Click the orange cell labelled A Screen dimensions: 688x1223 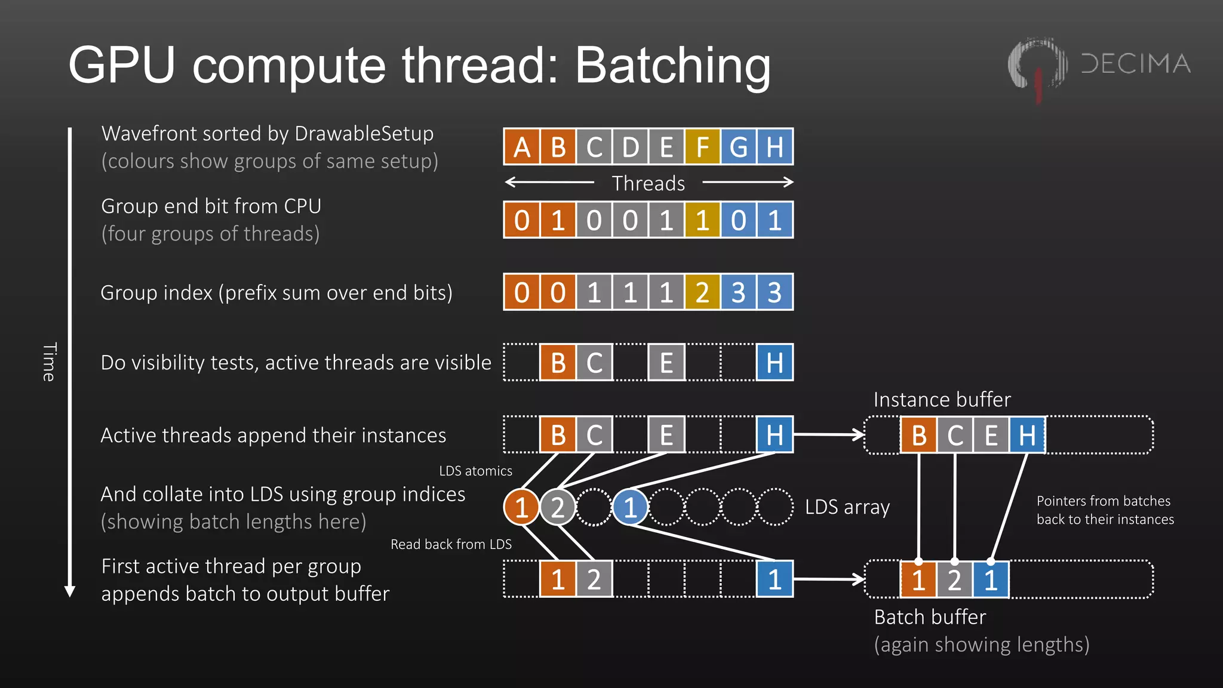tap(521, 147)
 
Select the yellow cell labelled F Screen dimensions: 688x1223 tap(702, 147)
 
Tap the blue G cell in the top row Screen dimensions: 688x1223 tap(739, 147)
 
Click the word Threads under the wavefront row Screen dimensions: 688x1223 tap(648, 183)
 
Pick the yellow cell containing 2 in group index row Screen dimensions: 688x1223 tap(702, 292)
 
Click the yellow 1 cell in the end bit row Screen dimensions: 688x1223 tap(702, 220)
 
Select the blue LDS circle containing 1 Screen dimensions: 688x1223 tap(630, 507)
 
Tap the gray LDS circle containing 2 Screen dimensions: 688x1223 tap(558, 507)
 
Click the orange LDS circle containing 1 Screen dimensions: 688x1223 tap(521, 507)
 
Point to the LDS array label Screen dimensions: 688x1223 tap(847, 507)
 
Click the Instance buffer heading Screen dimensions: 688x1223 tap(942, 399)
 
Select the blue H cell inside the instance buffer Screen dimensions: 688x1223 tap(1027, 435)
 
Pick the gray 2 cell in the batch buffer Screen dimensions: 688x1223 tap(954, 579)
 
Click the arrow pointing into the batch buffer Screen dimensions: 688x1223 tap(830, 579)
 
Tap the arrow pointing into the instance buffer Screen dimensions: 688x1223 tap(830, 434)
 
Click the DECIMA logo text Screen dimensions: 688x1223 tap(1135, 64)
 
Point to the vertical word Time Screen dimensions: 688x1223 tap(50, 362)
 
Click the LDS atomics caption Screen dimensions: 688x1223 tap(475, 471)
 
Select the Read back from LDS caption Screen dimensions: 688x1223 tap(451, 544)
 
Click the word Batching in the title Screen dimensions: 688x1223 tap(672, 66)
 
